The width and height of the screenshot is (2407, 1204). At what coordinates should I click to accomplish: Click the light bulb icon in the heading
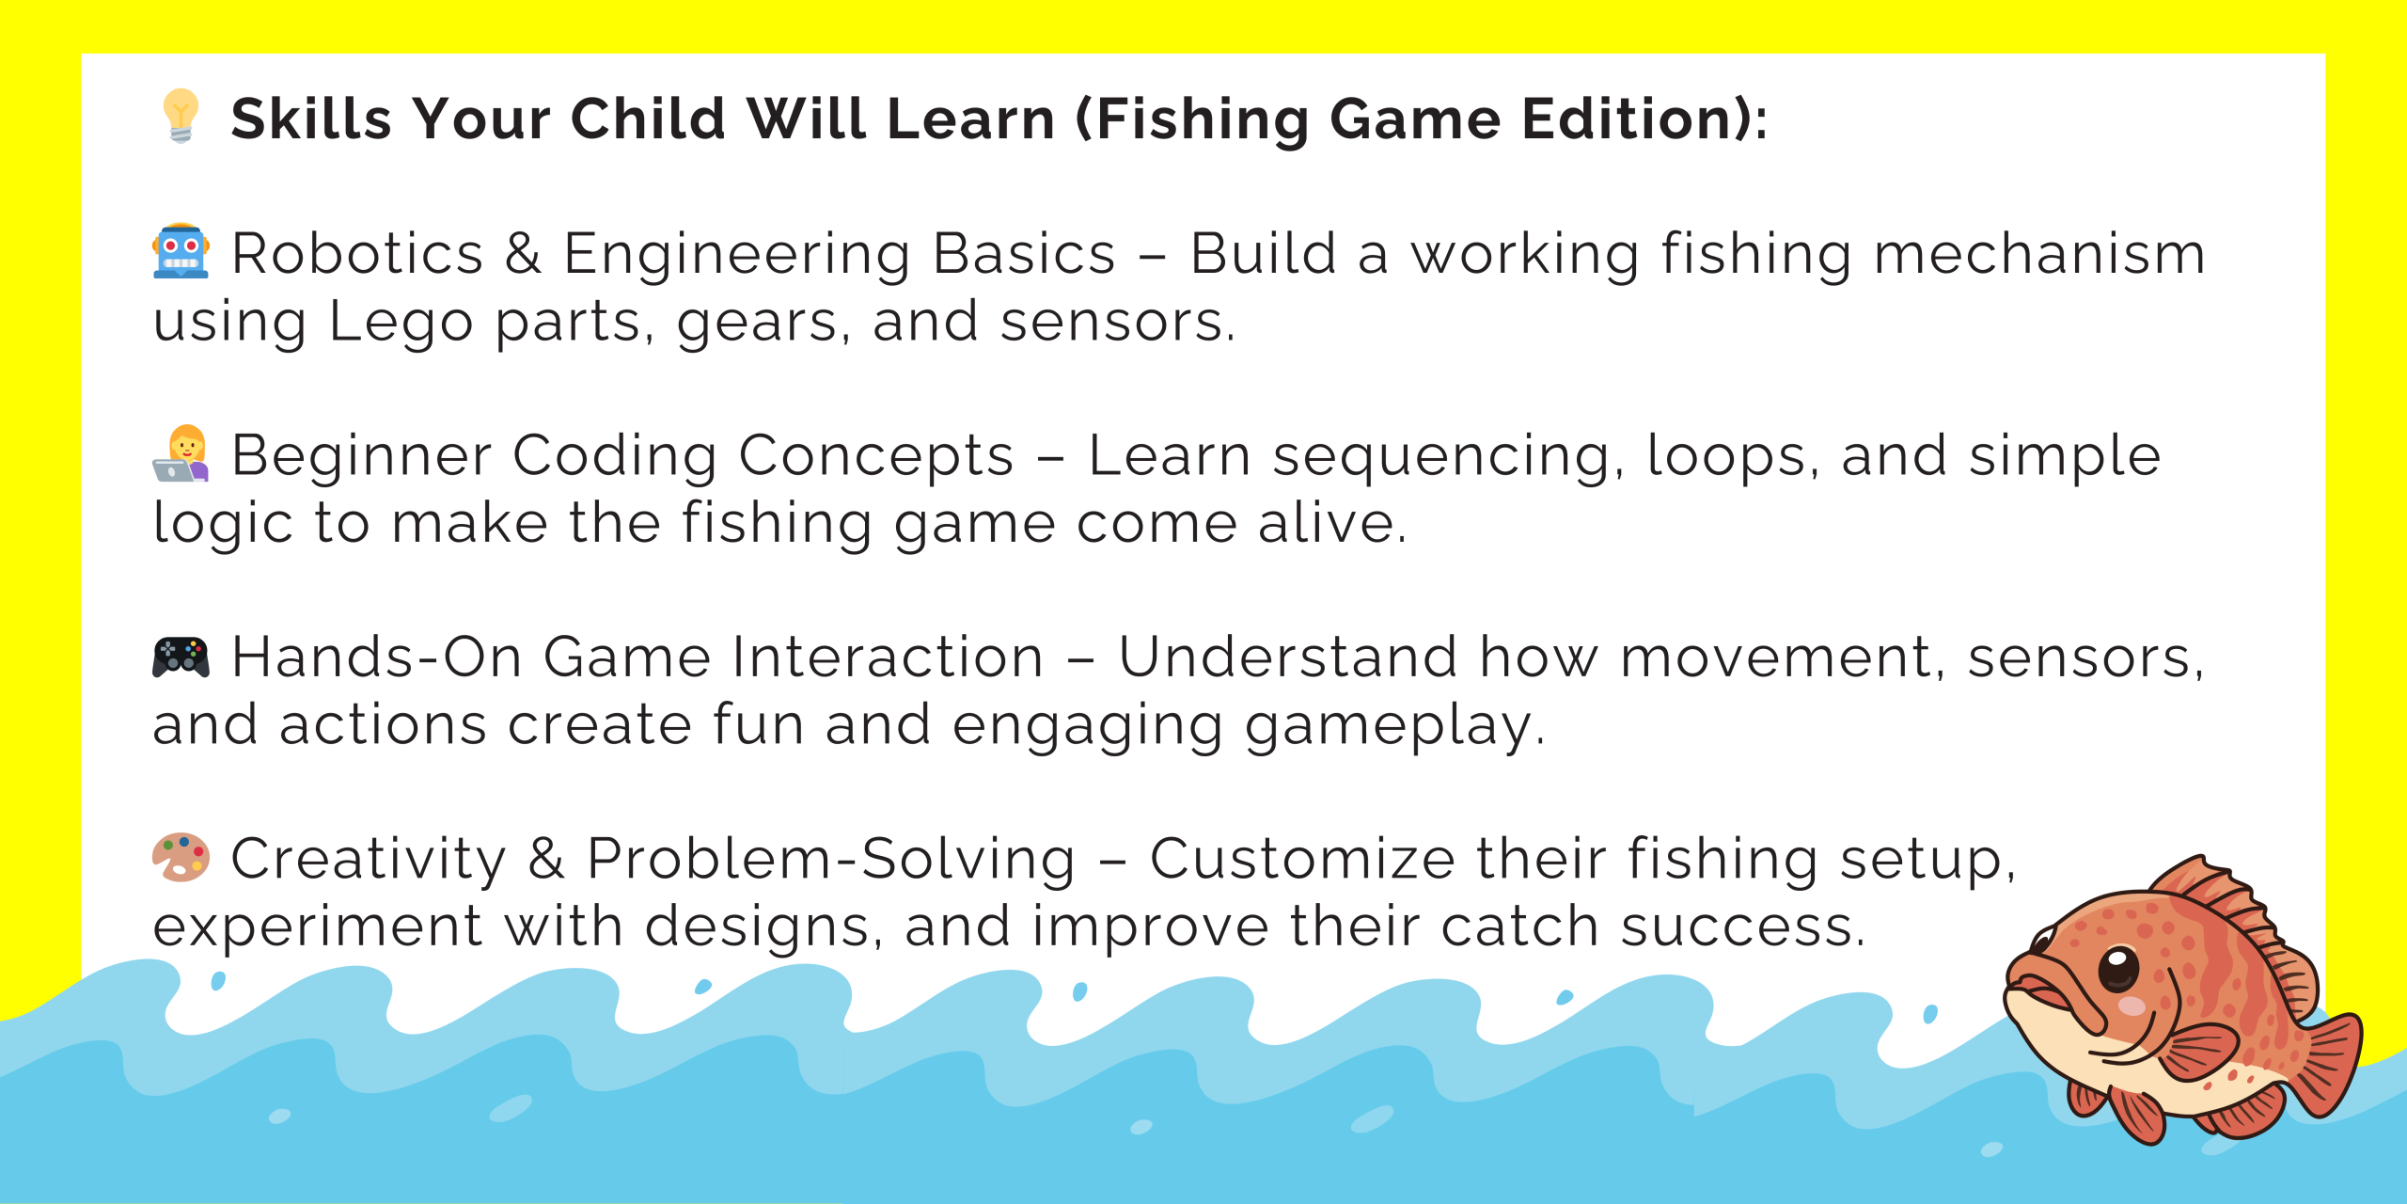tap(181, 116)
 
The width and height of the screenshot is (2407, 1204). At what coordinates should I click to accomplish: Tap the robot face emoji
tap(181, 251)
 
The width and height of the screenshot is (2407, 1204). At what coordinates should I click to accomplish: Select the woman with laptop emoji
tap(181, 453)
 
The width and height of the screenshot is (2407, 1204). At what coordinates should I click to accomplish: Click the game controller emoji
tap(181, 657)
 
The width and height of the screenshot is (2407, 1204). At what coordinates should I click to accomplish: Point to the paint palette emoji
tap(181, 857)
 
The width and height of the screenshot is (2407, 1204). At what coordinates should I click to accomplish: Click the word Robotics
tap(358, 253)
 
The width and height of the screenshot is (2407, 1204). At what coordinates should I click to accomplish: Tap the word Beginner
tap(362, 456)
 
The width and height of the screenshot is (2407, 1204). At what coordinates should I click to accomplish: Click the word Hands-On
tap(377, 657)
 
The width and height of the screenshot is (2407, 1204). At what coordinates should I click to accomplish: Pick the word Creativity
tap(370, 859)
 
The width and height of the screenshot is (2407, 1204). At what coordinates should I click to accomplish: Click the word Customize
tap(1302, 859)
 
